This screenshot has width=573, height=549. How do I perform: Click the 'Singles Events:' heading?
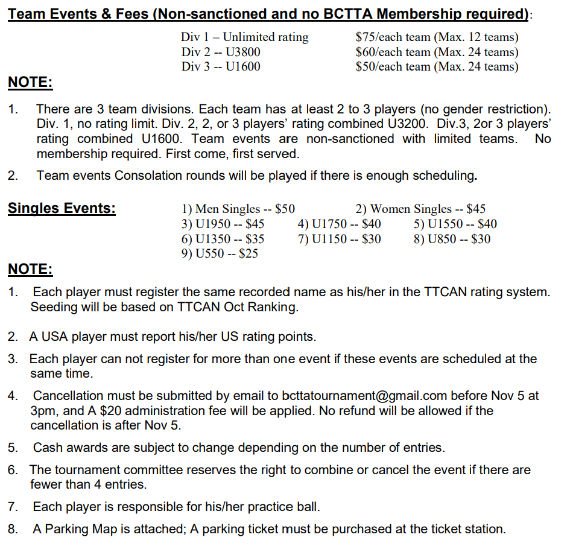tap(62, 209)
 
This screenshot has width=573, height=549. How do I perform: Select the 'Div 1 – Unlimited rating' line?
tap(244, 37)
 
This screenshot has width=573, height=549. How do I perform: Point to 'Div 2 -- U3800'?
tap(221, 52)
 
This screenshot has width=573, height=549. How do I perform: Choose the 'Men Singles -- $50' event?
tap(238, 209)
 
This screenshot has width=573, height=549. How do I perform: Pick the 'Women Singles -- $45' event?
tap(420, 209)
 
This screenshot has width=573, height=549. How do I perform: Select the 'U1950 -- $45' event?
tap(223, 224)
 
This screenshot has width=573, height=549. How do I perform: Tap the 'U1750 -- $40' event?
tap(339, 224)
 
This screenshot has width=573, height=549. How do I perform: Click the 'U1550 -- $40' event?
tap(455, 224)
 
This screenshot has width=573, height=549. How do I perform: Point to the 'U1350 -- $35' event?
tap(223, 239)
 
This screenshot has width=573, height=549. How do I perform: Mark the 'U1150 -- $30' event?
tap(339, 239)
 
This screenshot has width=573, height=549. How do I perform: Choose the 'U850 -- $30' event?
tap(452, 239)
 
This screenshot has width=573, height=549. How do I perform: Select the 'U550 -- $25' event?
tap(220, 253)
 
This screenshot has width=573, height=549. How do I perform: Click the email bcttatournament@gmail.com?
tap(364, 396)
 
